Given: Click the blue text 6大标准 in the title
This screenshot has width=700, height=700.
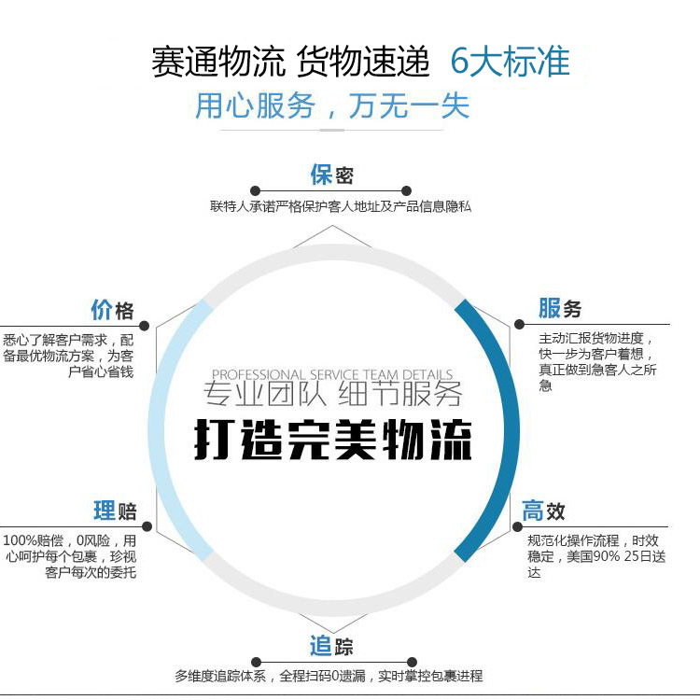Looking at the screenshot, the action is [x=510, y=63].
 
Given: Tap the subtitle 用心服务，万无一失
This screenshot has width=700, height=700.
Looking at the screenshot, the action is [x=331, y=105].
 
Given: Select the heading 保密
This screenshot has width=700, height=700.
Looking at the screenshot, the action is [x=331, y=175].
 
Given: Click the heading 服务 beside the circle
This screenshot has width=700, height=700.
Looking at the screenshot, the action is [x=560, y=308].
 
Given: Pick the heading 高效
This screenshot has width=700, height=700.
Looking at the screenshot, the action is [x=543, y=511].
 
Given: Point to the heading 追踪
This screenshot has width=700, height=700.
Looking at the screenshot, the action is [x=331, y=646].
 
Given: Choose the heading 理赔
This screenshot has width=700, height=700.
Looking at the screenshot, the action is [x=114, y=511].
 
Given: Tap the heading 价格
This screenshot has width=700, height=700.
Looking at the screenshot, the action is [x=112, y=310].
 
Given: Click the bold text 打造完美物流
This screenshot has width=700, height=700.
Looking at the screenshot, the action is [x=332, y=440].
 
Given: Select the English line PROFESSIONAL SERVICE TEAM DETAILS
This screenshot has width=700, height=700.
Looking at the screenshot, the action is [x=332, y=374].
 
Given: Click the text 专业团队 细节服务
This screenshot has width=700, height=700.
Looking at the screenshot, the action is [x=332, y=395].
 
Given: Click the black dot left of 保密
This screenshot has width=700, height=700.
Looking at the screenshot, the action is [x=255, y=190].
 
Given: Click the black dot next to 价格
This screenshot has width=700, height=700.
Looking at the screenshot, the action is [x=144, y=326].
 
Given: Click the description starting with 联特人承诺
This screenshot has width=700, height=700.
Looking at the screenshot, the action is [x=341, y=206].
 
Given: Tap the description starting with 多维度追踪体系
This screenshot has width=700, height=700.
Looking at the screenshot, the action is [x=329, y=676].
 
